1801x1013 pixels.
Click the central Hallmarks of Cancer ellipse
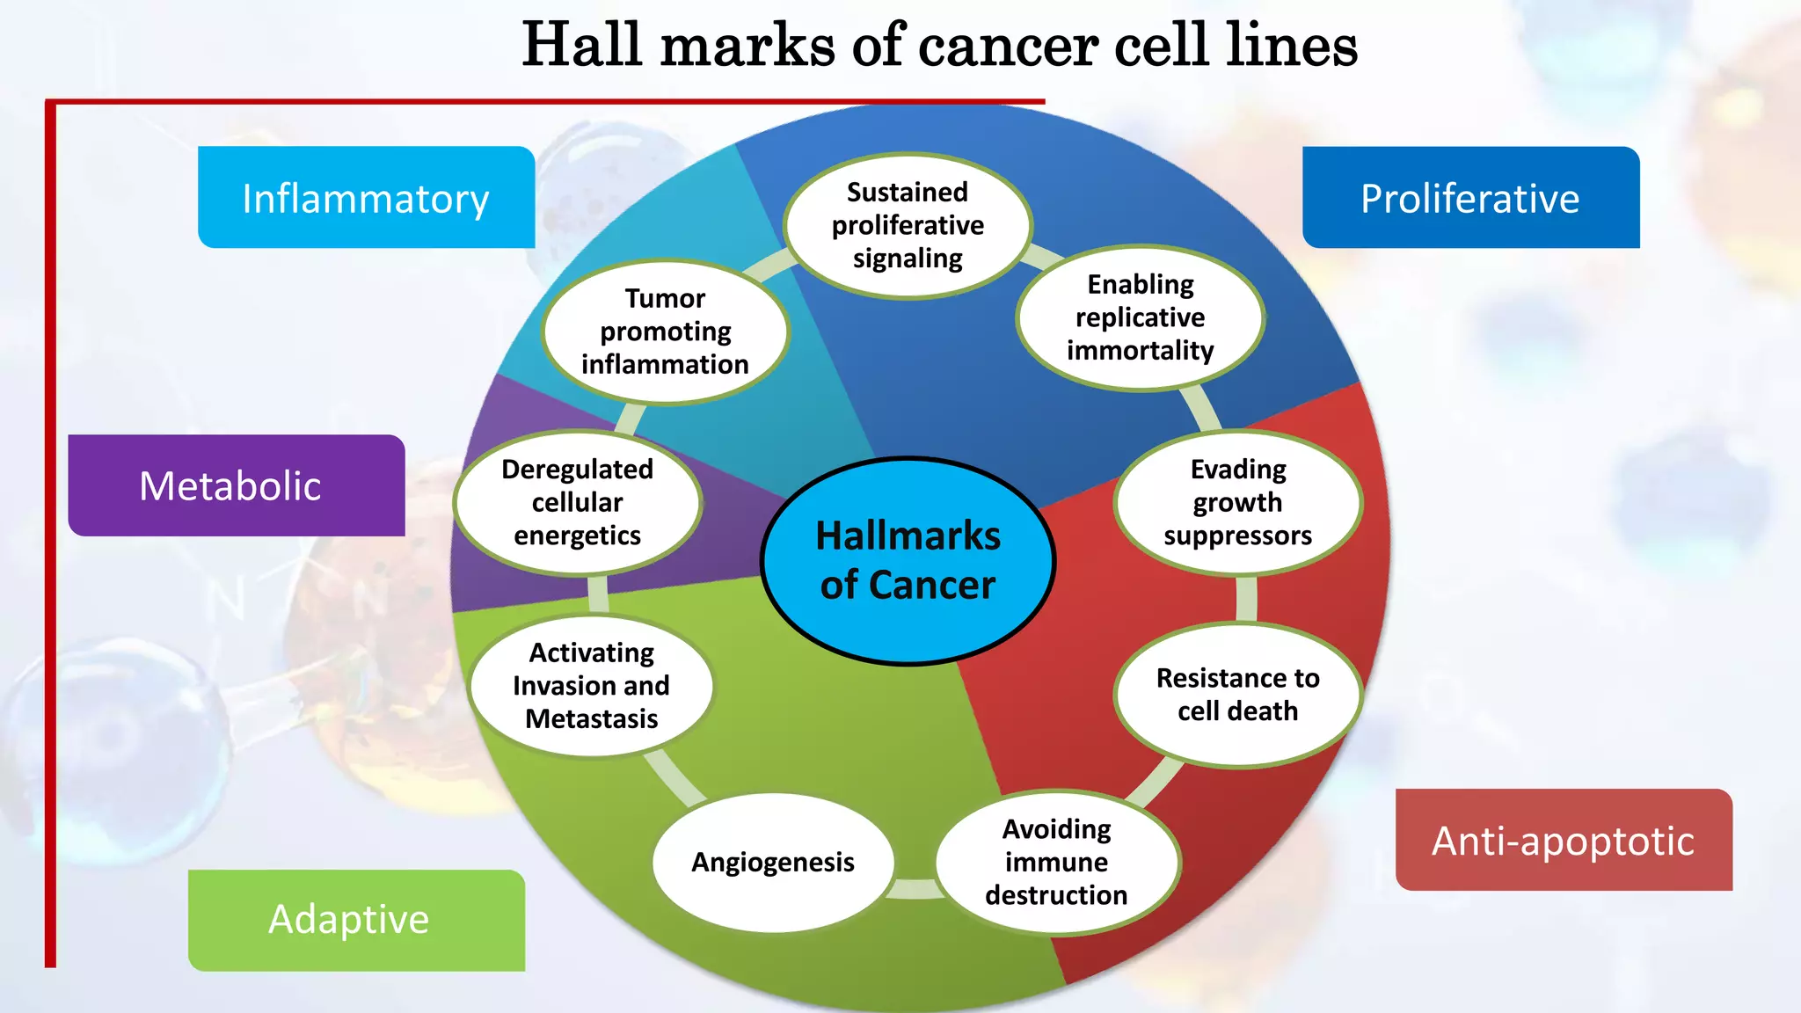click(x=908, y=560)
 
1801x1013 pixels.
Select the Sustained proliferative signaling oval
click(x=908, y=226)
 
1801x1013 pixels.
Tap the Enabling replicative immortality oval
click(x=1140, y=317)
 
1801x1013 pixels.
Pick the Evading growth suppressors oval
click(x=1237, y=502)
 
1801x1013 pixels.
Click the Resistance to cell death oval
click(x=1237, y=695)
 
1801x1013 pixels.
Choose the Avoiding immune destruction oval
click(x=1056, y=862)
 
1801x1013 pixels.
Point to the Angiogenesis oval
click(x=772, y=862)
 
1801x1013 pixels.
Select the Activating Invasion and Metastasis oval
click(x=591, y=686)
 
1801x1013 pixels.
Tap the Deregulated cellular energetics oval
click(x=577, y=502)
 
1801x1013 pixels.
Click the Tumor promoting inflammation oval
click(x=665, y=332)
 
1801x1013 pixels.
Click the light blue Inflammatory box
click(x=366, y=198)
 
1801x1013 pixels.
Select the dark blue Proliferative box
click(x=1470, y=198)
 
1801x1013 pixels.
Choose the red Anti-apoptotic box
click(x=1564, y=840)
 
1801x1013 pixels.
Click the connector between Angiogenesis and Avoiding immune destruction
click(x=915, y=889)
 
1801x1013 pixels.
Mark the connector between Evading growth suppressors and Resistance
click(x=1246, y=599)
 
